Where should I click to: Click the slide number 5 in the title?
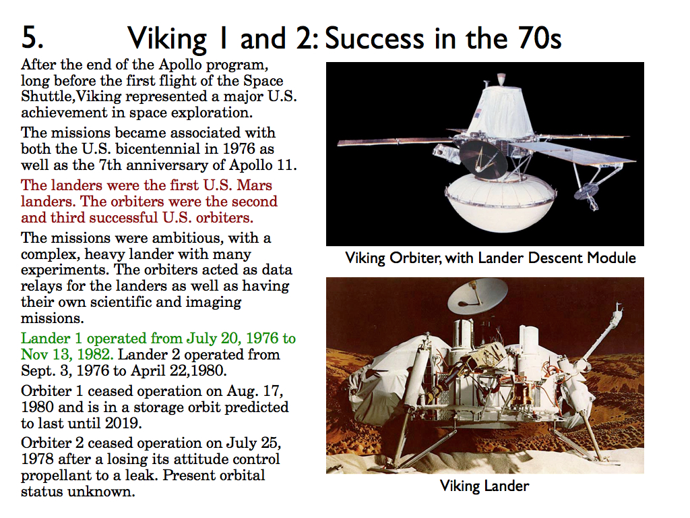tap(32, 37)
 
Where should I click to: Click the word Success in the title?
tap(374, 38)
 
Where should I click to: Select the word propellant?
tap(57, 476)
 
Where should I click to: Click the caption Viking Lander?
tap(484, 486)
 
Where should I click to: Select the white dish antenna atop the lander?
tap(478, 295)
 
